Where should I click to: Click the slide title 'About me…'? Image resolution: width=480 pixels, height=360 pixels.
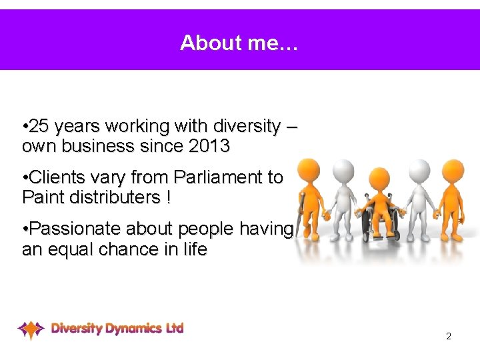click(240, 43)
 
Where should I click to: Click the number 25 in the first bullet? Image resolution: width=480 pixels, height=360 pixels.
click(40, 126)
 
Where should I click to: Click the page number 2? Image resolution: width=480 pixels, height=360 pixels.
click(448, 336)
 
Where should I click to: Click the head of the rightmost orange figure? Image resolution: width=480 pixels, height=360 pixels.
click(453, 170)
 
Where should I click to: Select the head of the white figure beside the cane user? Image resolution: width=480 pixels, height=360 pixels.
click(343, 171)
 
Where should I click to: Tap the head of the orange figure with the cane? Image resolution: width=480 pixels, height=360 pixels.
click(308, 170)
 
